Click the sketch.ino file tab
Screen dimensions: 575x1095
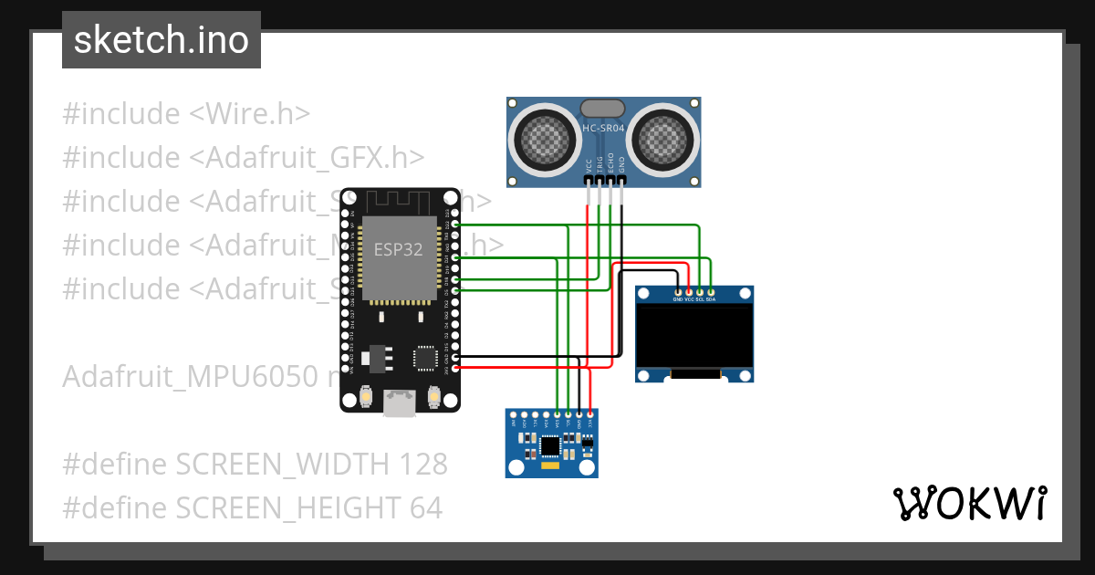[x=162, y=40]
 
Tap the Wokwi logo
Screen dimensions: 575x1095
[x=969, y=503]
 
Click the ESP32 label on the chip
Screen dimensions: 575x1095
[x=399, y=249]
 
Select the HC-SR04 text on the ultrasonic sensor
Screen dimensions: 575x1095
[x=603, y=130]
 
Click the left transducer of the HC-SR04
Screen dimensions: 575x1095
[x=546, y=139]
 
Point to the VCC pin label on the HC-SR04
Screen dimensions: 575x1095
[x=588, y=166]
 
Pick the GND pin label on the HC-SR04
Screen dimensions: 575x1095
[x=622, y=166]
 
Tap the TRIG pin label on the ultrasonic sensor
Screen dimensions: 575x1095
[x=600, y=166]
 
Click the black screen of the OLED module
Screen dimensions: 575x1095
[x=694, y=335]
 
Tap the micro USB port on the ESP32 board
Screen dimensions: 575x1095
[x=399, y=402]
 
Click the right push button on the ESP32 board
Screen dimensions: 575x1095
[x=433, y=397]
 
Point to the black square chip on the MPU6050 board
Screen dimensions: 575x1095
[x=549, y=445]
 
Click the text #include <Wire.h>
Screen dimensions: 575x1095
[x=186, y=114]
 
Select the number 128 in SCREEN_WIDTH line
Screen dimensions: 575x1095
[x=422, y=464]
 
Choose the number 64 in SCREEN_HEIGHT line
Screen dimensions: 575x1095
[x=423, y=507]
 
